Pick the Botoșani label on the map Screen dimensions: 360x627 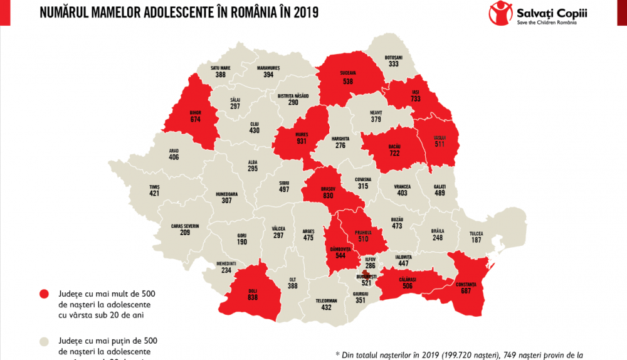pos(393,56)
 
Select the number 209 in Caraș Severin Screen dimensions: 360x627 pos(185,233)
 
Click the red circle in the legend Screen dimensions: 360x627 pos(44,294)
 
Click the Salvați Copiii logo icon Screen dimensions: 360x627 pos(499,13)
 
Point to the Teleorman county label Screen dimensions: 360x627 pos(326,301)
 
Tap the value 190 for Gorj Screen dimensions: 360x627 pos(242,242)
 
